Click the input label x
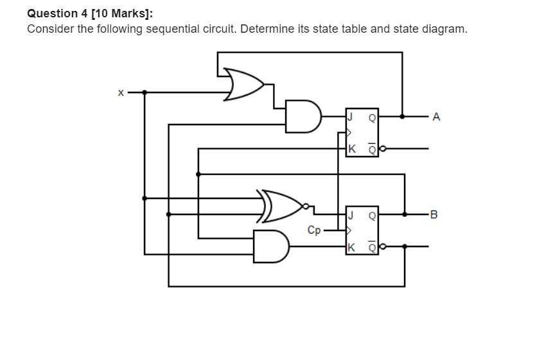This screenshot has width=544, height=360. (x=121, y=92)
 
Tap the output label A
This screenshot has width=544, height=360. (x=436, y=117)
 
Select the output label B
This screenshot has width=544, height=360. (x=434, y=214)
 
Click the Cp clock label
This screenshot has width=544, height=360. (x=314, y=230)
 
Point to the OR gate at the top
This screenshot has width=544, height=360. (x=243, y=84)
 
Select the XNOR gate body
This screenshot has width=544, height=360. (x=279, y=206)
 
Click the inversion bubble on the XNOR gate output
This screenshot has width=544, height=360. (x=306, y=207)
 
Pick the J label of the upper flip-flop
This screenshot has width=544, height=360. (x=351, y=117)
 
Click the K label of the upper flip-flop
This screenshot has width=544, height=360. (x=352, y=149)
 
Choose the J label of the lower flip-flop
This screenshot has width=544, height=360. (x=351, y=216)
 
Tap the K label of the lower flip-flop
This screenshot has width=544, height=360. (x=351, y=248)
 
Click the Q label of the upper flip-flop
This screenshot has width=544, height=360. (x=372, y=118)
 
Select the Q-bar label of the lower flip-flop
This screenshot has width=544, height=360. (x=372, y=247)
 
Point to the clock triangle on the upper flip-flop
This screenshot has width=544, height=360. (x=349, y=133)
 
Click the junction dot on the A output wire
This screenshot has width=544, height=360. (x=403, y=117)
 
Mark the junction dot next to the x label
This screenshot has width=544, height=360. (x=145, y=92)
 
